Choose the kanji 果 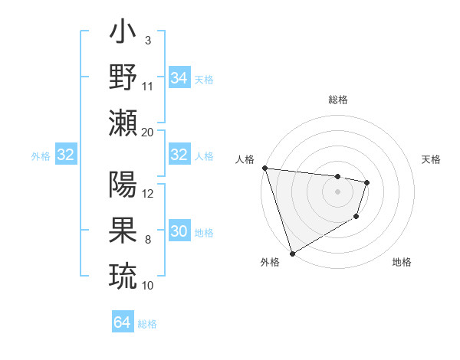click(123, 230)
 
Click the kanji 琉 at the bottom click(123, 274)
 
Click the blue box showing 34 click(179, 78)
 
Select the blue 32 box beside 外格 click(65, 155)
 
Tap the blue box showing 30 click(179, 232)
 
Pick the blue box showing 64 click(123, 322)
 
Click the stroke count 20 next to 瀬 click(148, 132)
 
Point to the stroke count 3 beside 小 click(147, 39)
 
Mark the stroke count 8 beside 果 click(147, 240)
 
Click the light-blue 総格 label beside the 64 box click(147, 324)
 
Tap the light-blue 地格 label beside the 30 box click(204, 233)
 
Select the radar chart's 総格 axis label click(337, 100)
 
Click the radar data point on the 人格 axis click(264, 168)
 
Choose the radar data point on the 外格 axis click(292, 253)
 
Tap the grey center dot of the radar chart click(337, 191)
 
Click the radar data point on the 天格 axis click(368, 182)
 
